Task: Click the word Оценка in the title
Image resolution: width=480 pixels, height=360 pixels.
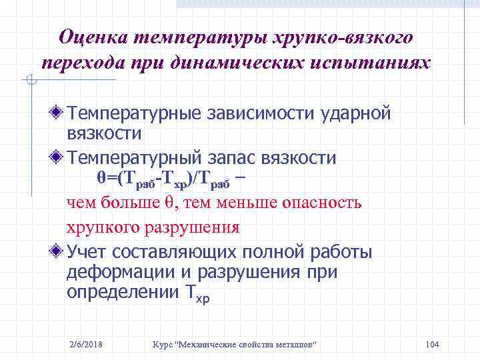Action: (93, 36)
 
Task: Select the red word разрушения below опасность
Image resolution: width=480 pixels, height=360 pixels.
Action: (195, 227)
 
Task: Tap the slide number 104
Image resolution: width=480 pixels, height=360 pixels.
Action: (431, 344)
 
